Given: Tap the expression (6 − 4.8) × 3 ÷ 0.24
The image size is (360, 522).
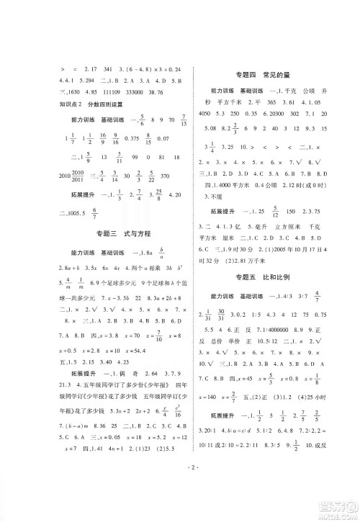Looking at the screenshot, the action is click(143, 68).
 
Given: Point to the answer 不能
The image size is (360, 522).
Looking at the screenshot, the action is click(212, 196).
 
